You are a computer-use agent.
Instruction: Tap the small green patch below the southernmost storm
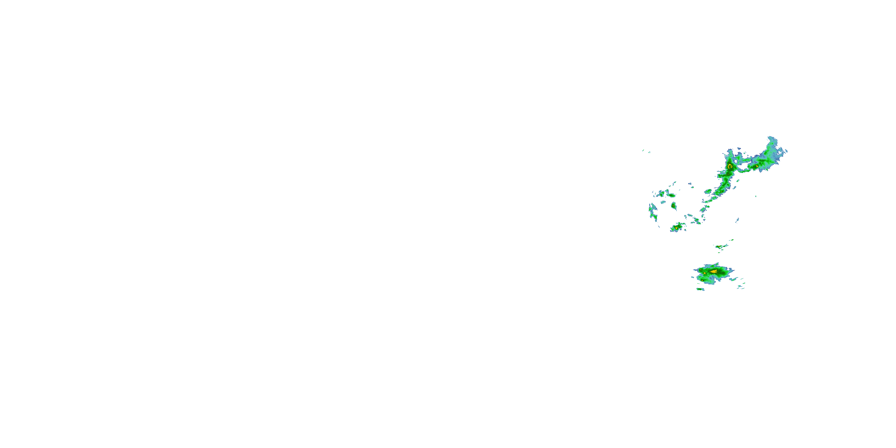(x=700, y=289)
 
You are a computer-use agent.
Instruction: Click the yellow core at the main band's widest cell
(x=730, y=167)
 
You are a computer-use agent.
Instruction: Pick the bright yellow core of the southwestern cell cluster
(x=676, y=228)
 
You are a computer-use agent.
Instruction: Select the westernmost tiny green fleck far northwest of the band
(x=643, y=150)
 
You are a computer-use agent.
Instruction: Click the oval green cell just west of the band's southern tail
(x=708, y=191)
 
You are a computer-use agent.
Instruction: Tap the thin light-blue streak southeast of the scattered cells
(x=737, y=220)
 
